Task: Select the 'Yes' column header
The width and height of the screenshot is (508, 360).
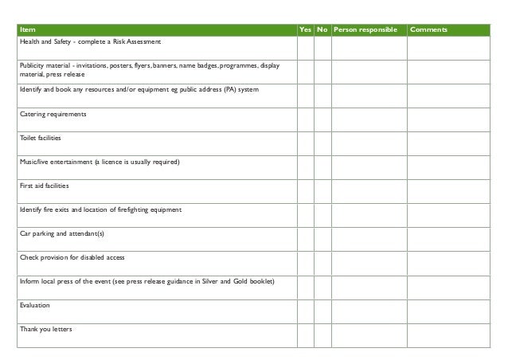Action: pyautogui.click(x=305, y=30)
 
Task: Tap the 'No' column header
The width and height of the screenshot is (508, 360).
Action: pyautogui.click(x=322, y=30)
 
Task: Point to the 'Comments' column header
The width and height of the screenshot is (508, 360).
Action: pyautogui.click(x=430, y=30)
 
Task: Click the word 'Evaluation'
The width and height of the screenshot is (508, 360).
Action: pyautogui.click(x=34, y=306)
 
